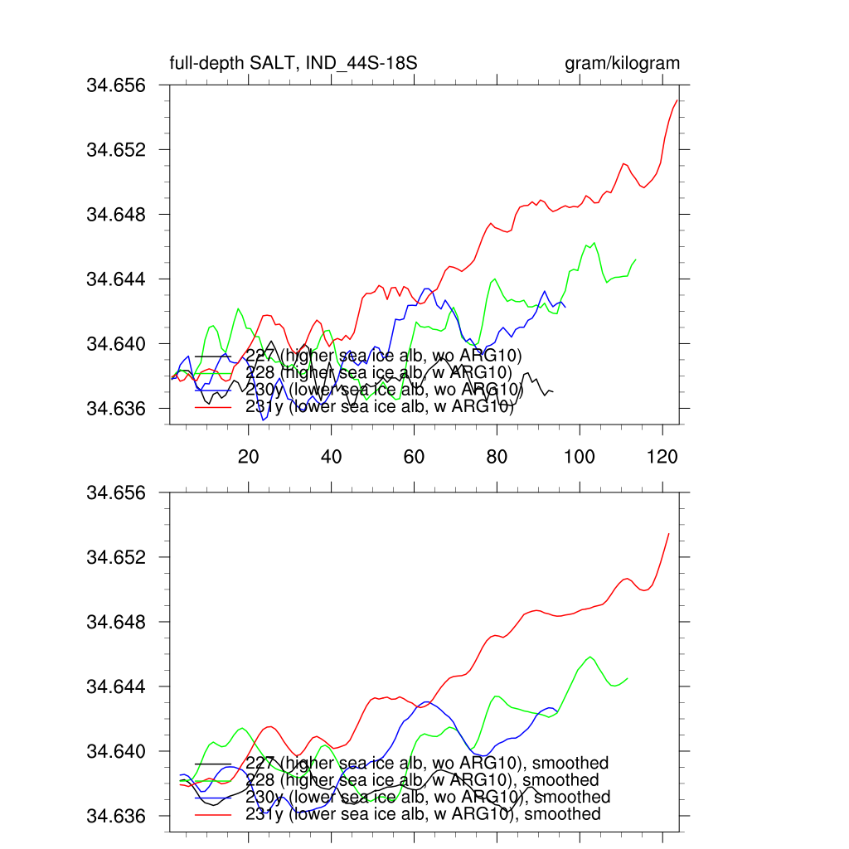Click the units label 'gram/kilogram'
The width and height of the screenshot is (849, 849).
[622, 64]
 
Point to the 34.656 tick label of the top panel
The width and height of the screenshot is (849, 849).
[116, 85]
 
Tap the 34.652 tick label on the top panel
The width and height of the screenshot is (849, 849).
[116, 150]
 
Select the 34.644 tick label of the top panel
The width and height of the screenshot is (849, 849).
[116, 279]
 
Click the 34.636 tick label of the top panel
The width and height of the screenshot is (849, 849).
[116, 408]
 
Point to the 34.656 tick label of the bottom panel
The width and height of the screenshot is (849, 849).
[116, 492]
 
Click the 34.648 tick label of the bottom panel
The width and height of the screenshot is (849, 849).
[116, 622]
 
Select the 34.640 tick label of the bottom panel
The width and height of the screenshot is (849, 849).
[116, 751]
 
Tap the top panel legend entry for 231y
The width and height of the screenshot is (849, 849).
[380, 407]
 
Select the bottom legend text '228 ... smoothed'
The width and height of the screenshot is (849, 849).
[422, 780]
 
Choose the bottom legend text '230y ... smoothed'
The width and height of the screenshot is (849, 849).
[428, 797]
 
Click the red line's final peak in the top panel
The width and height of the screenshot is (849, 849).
[677, 99]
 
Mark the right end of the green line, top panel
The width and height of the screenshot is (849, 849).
[636, 260]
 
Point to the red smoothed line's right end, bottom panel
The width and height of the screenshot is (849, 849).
[669, 533]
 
